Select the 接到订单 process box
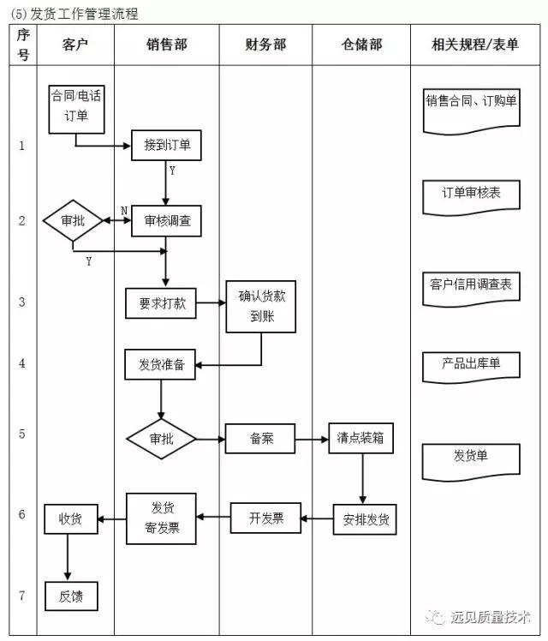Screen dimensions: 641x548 167,146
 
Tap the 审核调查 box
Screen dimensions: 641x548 167,221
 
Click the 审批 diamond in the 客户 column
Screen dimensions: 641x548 73,221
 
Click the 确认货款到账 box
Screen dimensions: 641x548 261,307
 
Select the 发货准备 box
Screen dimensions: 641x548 160,364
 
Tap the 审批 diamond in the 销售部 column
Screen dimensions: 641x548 161,439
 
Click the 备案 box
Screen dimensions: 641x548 260,439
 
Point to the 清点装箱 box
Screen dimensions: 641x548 361,439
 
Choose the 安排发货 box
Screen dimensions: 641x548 365,518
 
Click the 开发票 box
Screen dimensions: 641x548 266,518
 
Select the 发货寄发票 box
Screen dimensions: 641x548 161,518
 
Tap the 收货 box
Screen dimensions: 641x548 70,518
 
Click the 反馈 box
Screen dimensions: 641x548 70,596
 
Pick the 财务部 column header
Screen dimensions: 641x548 265,45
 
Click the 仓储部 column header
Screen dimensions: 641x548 360,45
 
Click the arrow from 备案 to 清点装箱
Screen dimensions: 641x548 313,439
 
